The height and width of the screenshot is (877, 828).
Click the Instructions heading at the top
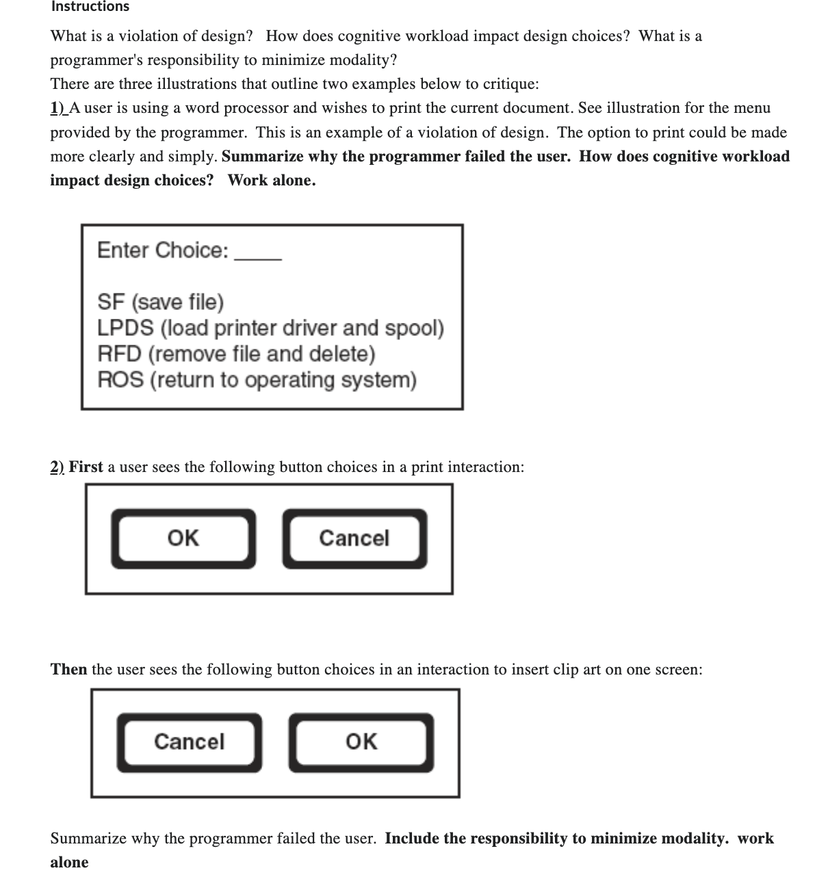tap(90, 7)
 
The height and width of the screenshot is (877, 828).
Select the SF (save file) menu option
tap(161, 302)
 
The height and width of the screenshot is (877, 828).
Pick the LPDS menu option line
tap(270, 328)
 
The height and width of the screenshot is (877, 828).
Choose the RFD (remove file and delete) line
tap(236, 354)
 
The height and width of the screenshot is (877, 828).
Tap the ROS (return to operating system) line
tap(257, 380)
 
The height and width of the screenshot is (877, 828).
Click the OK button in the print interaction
tap(183, 538)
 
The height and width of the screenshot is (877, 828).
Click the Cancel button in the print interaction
tap(354, 538)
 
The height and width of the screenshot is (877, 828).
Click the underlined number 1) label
tap(57, 108)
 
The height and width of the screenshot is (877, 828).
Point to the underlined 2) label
tap(57, 467)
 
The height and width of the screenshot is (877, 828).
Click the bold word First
tap(86, 467)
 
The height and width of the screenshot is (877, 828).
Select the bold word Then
tap(68, 669)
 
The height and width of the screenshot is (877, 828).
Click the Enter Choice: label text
tap(163, 250)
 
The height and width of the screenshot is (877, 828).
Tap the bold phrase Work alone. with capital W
tap(272, 181)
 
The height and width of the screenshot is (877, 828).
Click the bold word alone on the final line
tap(69, 863)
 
